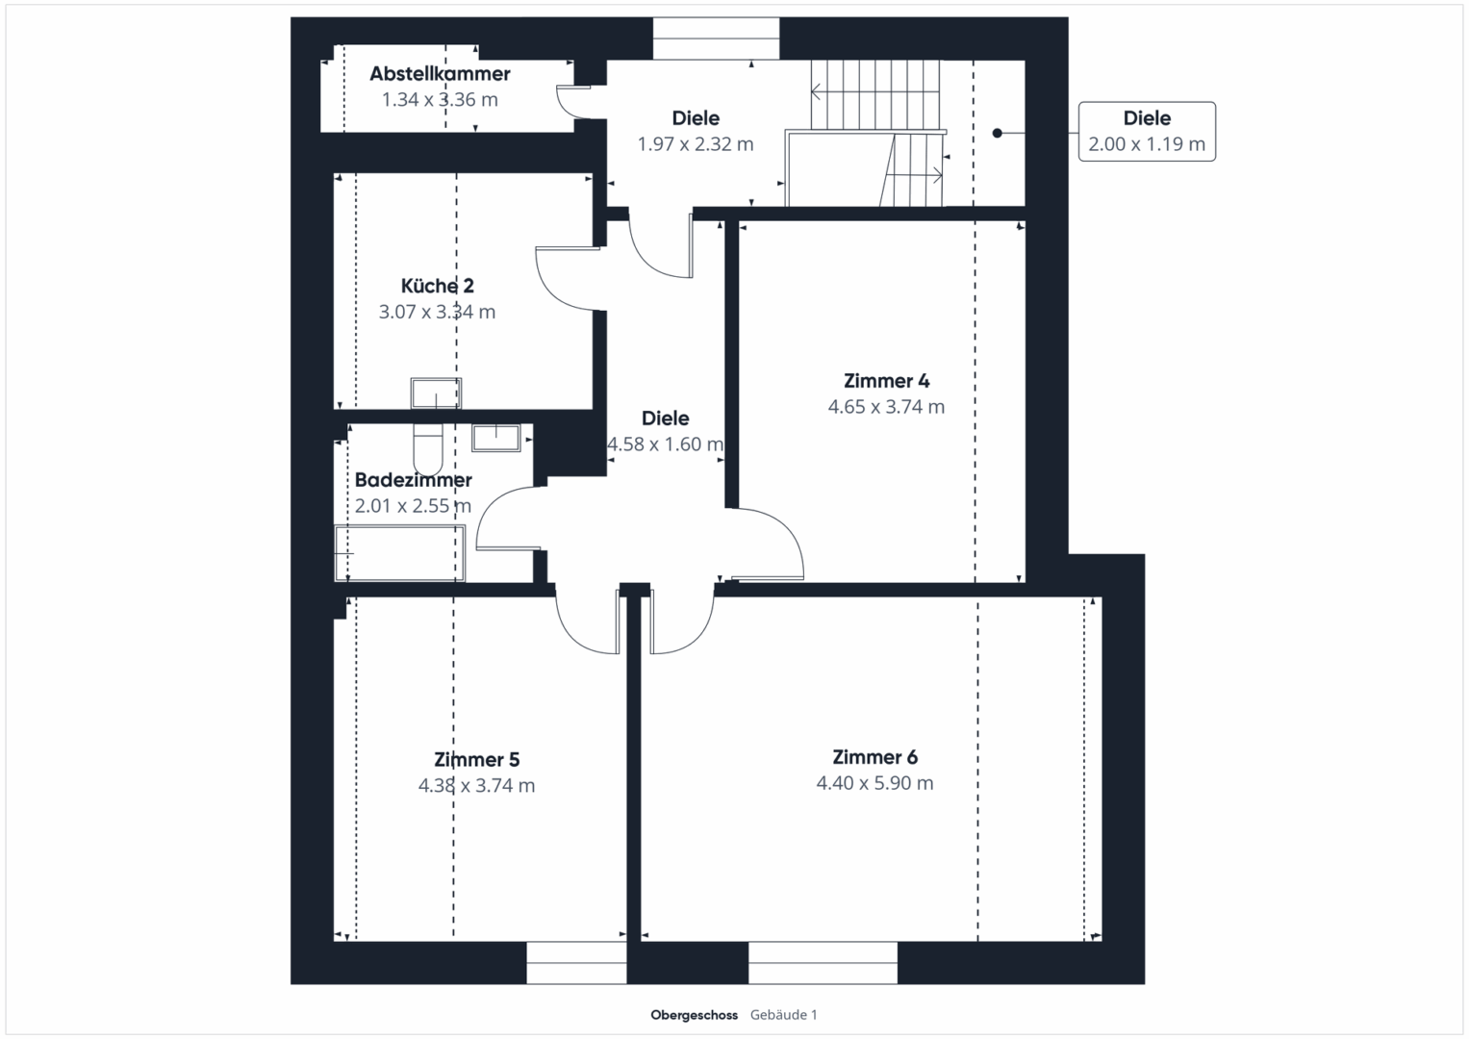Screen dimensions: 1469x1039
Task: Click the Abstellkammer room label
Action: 440,73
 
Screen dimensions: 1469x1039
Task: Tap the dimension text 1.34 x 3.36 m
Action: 440,100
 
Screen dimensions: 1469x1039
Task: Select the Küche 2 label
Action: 437,286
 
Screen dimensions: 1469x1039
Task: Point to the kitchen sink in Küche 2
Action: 436,393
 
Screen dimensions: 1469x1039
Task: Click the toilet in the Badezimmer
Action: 428,448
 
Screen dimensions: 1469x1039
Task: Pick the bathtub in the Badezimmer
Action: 399,553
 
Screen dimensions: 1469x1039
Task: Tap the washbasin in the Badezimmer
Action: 495,438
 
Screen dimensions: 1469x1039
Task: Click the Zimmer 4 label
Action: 886,381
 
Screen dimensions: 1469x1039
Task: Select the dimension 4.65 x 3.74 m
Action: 886,407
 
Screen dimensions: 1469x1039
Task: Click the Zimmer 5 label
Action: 477,760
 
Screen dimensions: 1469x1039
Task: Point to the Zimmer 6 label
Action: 874,757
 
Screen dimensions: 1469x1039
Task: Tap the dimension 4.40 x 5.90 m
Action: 874,783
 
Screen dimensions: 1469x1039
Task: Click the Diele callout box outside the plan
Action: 1147,131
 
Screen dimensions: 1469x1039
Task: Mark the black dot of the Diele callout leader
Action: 998,133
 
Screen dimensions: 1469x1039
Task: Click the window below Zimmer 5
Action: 576,962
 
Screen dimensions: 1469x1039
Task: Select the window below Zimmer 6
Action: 823,962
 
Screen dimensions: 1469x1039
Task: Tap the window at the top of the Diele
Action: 716,38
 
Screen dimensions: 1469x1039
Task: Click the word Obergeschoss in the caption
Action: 694,1015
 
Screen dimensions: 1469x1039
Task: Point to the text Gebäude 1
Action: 784,1015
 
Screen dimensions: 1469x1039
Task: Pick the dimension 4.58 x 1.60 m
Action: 665,444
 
